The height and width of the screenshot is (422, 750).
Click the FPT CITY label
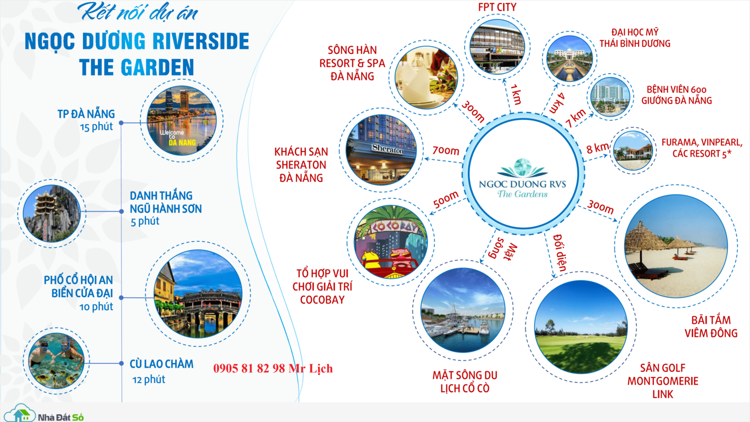[x=497, y=7]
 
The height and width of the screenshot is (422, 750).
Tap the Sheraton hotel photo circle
[x=382, y=150]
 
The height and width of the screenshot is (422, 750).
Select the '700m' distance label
[x=446, y=151]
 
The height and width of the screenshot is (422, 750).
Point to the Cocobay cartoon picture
[x=391, y=242]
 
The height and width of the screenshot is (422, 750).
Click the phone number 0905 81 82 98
[x=249, y=368]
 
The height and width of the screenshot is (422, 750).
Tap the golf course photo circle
[x=581, y=327]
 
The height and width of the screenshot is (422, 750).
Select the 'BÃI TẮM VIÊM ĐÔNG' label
[x=711, y=326]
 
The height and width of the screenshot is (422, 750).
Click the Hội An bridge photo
[x=198, y=293]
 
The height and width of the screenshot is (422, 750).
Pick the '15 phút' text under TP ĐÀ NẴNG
[x=97, y=127]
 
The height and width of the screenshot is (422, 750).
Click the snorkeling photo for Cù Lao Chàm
[x=56, y=360]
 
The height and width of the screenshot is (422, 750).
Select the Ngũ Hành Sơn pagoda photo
[x=52, y=214]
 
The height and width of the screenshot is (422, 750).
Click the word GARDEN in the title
[x=158, y=68]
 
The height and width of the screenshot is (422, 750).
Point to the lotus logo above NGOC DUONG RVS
[x=522, y=168]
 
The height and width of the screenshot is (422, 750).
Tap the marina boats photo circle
[x=463, y=310]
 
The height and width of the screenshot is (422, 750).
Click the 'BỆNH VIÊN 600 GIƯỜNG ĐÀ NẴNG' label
[x=676, y=95]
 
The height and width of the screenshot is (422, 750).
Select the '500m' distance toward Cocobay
[x=446, y=200]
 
